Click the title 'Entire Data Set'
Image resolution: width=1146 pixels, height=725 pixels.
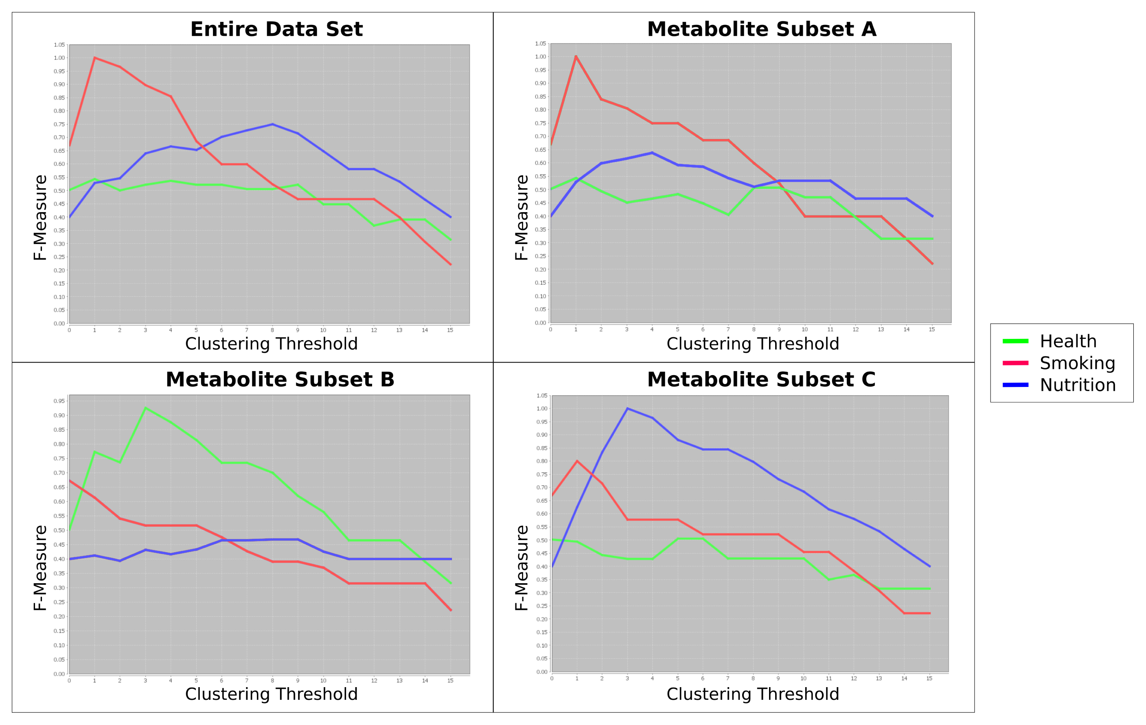276,29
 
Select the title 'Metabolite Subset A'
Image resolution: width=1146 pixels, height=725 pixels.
761,29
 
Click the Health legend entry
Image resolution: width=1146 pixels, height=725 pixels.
1067,341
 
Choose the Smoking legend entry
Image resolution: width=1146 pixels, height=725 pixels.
1077,363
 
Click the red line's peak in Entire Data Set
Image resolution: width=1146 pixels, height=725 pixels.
95,57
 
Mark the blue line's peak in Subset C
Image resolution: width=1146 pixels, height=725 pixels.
627,409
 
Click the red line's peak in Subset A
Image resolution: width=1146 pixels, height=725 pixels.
576,56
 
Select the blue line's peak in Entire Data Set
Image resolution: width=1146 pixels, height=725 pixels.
272,124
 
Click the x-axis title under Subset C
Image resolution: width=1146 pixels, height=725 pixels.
752,694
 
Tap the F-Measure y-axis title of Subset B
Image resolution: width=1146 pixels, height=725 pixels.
40,568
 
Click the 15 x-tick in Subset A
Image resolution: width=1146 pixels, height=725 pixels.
932,330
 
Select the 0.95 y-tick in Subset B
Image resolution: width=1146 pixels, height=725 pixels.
59,401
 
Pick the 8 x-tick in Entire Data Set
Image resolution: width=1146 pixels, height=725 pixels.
272,330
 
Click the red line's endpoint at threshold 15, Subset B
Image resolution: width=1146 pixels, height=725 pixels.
451,610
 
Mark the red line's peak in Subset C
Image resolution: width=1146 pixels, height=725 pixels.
577,461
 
